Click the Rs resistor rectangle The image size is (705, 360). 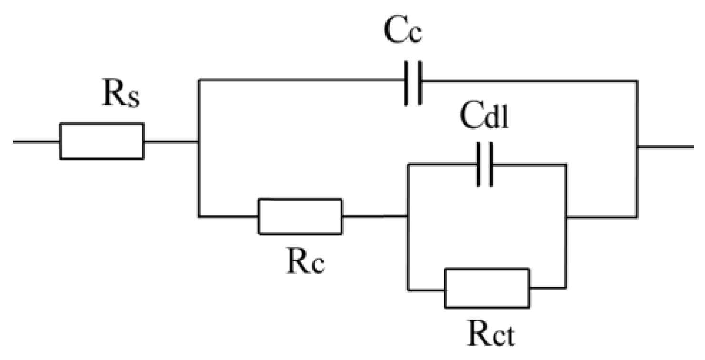pyautogui.click(x=101, y=141)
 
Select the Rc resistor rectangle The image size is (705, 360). pyautogui.click(x=300, y=217)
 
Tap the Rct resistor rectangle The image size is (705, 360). pyautogui.click(x=486, y=288)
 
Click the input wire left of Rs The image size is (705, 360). pyautogui.click(x=36, y=141)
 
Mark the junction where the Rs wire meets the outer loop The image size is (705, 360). pyautogui.click(x=199, y=141)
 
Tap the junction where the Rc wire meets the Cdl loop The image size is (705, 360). pyautogui.click(x=408, y=217)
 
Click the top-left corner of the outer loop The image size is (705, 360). pyautogui.click(x=199, y=80)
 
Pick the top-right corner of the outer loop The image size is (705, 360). pyautogui.click(x=637, y=80)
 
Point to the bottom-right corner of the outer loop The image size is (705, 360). pyautogui.click(x=637, y=217)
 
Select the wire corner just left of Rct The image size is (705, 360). pyautogui.click(x=408, y=289)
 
